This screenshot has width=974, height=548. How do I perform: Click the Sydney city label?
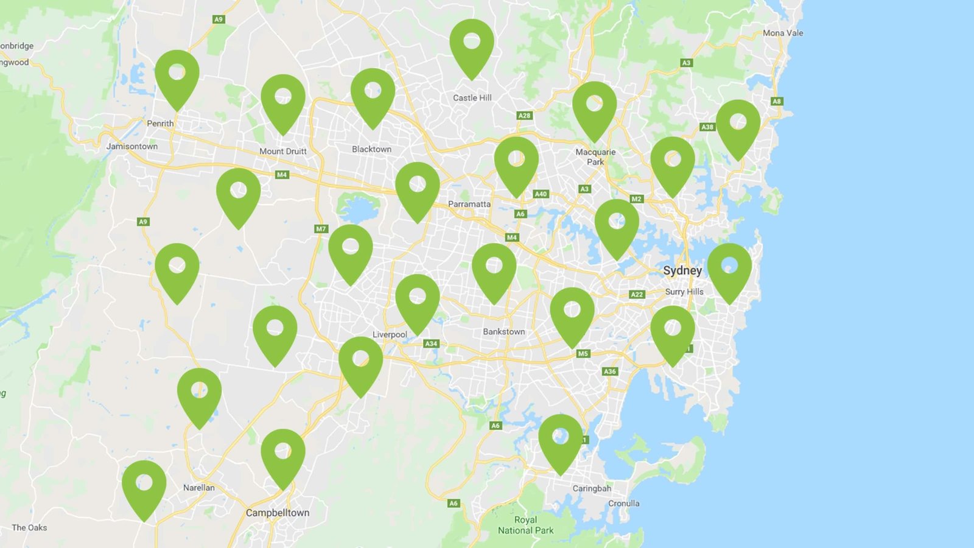pos(682,270)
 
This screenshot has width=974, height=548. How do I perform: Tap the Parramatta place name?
pos(469,204)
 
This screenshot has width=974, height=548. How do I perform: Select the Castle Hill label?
pos(472,97)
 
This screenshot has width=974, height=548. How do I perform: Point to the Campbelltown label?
pos(278,513)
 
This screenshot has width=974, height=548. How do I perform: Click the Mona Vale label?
pos(783,33)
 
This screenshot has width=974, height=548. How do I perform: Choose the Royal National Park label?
pos(525,525)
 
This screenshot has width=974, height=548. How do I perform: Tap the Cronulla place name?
pos(623,504)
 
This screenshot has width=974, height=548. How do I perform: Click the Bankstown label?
pos(503,331)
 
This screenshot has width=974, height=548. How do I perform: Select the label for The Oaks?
pos(29,527)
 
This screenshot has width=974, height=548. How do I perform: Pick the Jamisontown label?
pos(131,146)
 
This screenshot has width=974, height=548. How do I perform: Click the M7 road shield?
pos(321,229)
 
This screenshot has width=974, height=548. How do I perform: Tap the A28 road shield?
pos(524,115)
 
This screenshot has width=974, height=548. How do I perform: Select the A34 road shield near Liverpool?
pos(431,343)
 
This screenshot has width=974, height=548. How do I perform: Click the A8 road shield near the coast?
pos(776,101)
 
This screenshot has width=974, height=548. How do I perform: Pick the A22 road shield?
pos(636,294)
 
